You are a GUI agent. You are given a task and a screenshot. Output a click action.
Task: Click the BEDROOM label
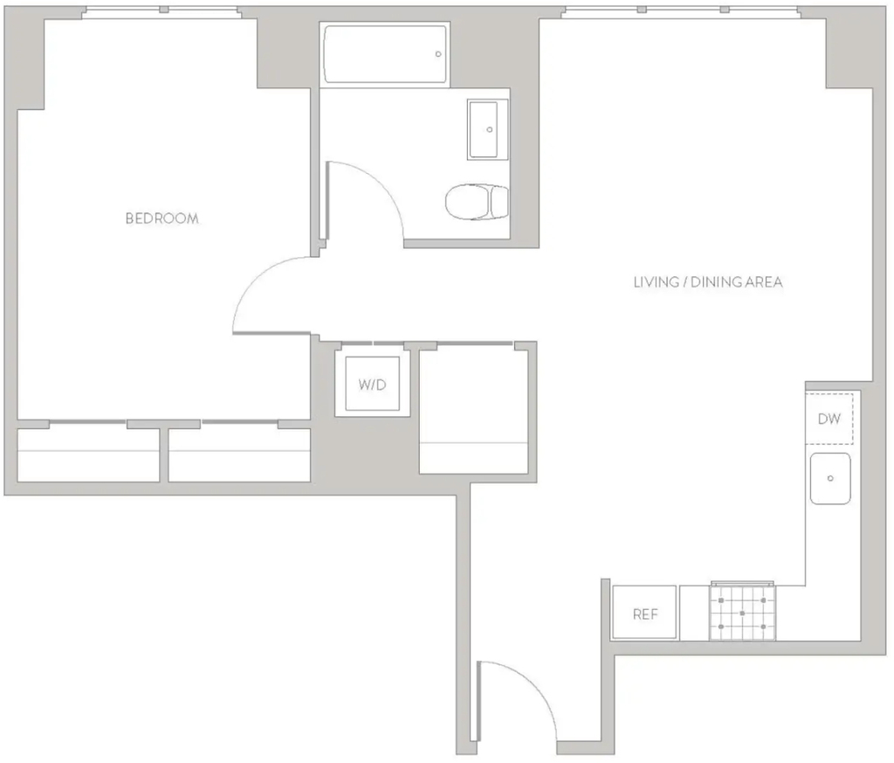pos(162,218)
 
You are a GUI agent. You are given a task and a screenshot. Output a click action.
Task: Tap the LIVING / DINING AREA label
pos(708,282)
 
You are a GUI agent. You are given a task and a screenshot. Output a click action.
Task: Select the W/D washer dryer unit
pos(372,384)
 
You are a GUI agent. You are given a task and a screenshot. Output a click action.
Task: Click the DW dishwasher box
pos(829,419)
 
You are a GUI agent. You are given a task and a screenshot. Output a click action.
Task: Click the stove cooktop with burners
pos(742,613)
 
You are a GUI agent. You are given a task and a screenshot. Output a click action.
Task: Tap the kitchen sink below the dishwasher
pos(830,478)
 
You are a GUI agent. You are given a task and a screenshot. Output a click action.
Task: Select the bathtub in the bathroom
pos(385,54)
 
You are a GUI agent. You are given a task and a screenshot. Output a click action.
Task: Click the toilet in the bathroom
pos(477,201)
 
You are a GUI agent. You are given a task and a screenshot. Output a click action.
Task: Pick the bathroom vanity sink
pos(487,129)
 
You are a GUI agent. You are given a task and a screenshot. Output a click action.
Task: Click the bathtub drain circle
pos(438,54)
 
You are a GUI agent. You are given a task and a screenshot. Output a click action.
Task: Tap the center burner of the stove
pos(742,614)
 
